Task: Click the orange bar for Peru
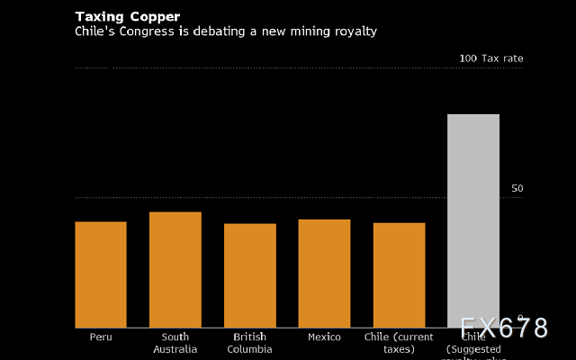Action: coord(101,274)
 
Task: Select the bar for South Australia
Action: coord(175,270)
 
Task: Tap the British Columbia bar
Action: coord(250,275)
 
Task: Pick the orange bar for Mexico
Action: coord(325,274)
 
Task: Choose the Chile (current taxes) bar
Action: coord(400,275)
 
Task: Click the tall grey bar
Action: coord(473,220)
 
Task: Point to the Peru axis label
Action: coord(101,337)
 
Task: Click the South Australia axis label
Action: coord(175,343)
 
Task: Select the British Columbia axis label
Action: coord(250,343)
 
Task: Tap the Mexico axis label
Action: coord(325,337)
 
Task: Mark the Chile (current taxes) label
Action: coord(400,343)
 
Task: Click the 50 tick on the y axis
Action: coord(517,189)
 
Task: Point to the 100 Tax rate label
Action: coord(490,58)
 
